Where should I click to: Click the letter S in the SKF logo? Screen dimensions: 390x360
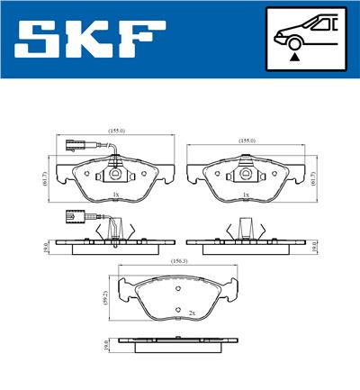click(38, 41)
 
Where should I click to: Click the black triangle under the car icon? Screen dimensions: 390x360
click(293, 56)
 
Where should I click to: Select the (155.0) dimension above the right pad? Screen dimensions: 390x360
click(247, 141)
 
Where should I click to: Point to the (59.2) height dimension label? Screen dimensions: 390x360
click(106, 297)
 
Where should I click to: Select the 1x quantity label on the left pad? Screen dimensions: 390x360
click(117, 194)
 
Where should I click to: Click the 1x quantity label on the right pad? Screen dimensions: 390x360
click(247, 194)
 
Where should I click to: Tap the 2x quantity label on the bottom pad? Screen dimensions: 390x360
click(191, 312)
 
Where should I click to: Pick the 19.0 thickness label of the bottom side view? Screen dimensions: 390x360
click(106, 342)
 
